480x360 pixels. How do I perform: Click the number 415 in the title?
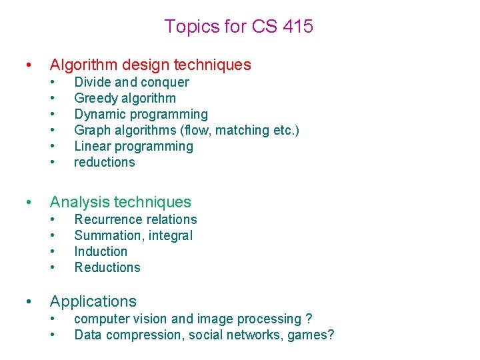297,27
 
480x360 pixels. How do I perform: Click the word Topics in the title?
187,27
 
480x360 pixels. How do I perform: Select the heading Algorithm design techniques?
151,65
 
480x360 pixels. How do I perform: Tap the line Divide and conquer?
131,82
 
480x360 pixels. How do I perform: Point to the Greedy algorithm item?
125,98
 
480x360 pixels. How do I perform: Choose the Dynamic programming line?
141,114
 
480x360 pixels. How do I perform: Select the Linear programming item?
133,146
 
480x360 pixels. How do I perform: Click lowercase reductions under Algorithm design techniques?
105,162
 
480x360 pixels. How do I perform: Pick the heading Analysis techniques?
121,202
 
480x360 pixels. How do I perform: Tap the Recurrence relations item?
135,219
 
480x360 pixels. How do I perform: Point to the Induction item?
101,251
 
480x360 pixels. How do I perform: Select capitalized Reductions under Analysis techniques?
107,267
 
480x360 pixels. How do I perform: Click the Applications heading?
93,301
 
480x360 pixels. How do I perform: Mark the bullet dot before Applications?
27,302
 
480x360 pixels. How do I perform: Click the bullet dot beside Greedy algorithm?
53,99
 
